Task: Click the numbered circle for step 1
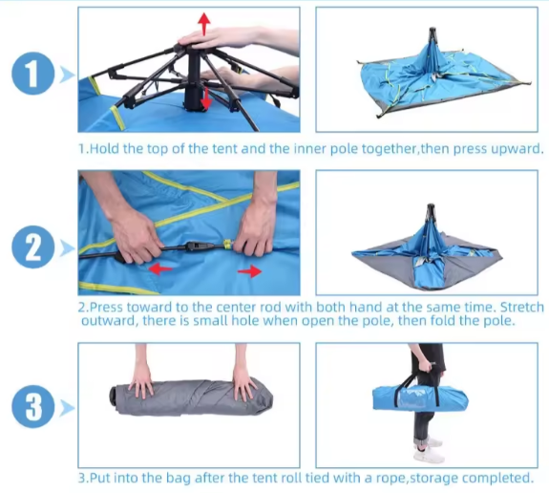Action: (32, 73)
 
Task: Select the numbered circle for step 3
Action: (32, 408)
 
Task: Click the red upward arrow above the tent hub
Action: (201, 23)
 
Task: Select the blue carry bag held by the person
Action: (419, 395)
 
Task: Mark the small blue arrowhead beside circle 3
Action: (66, 409)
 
